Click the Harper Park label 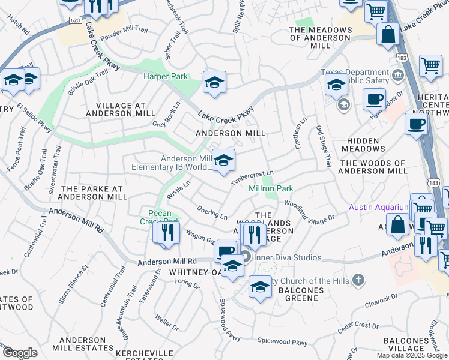[165, 76]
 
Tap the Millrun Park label [271, 189]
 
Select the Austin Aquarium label [379, 208]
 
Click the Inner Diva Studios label [288, 258]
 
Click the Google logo [19, 353]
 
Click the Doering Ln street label [212, 212]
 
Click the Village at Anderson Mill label [116, 109]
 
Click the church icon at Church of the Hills [358, 280]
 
